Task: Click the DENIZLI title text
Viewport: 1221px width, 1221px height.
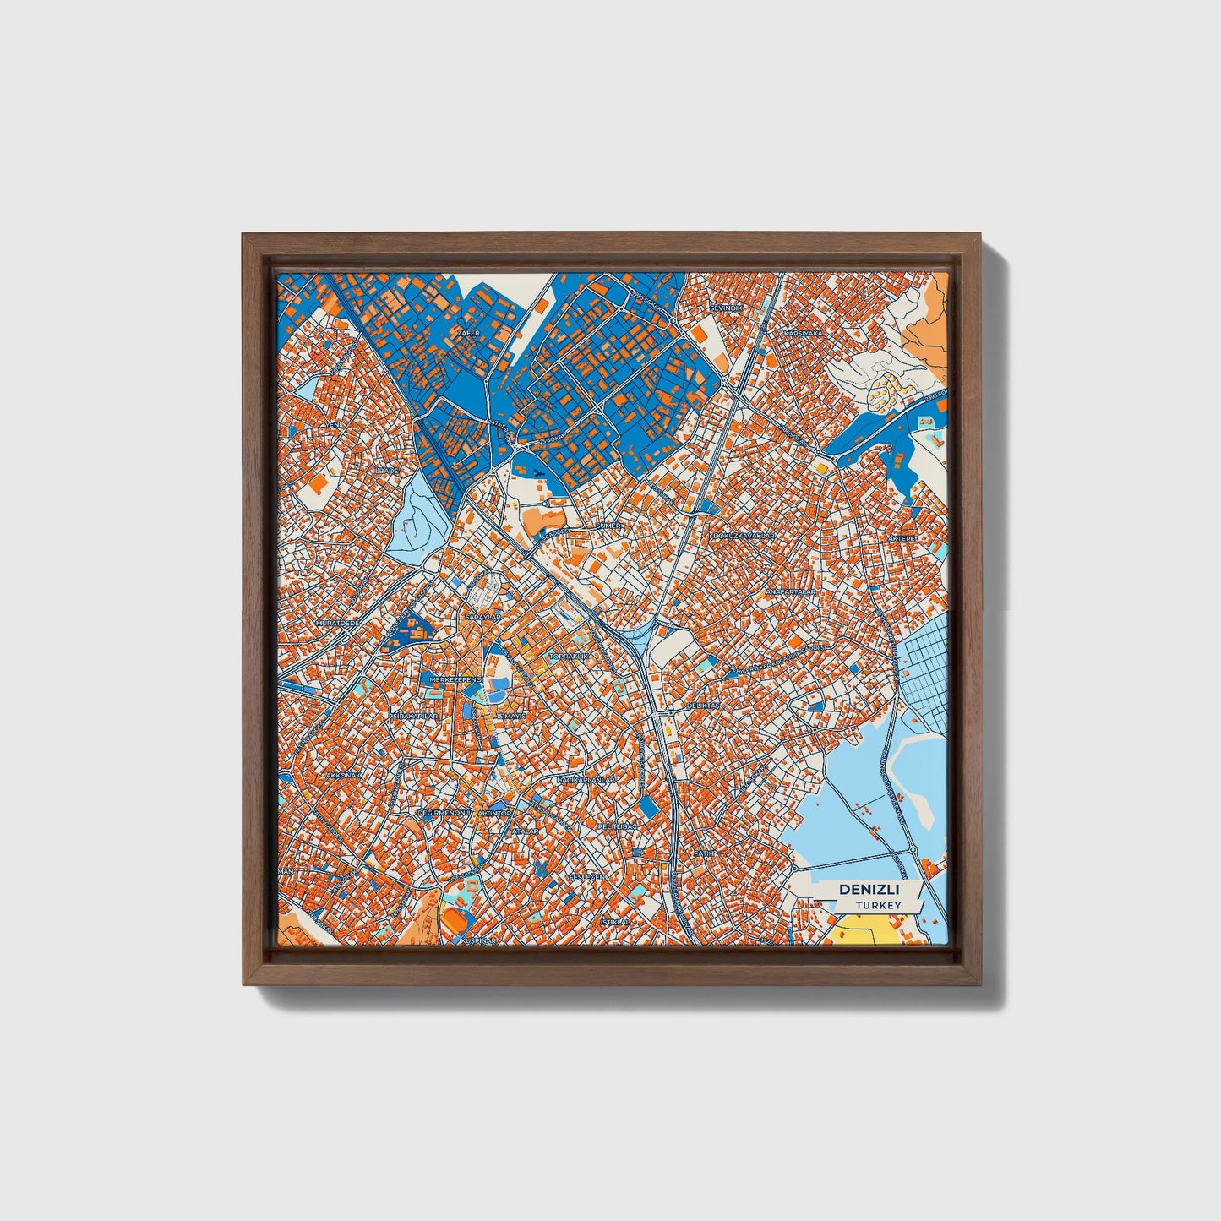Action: tap(869, 890)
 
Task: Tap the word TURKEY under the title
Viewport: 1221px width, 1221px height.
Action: tap(878, 906)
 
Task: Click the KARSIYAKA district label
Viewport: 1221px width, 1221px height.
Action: tap(803, 335)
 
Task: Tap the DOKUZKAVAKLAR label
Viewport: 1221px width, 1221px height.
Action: tap(744, 537)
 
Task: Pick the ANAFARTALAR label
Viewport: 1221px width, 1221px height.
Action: tap(790, 592)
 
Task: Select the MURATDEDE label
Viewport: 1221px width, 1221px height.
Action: tap(338, 623)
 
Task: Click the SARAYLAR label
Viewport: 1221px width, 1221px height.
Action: tap(483, 618)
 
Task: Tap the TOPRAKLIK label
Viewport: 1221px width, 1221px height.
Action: tap(568, 656)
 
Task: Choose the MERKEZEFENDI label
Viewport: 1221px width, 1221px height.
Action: tap(455, 679)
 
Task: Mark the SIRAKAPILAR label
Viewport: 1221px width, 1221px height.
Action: tap(414, 716)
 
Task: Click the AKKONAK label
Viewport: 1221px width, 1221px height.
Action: tap(343, 774)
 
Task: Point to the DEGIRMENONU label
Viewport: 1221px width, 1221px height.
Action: tap(443, 812)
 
